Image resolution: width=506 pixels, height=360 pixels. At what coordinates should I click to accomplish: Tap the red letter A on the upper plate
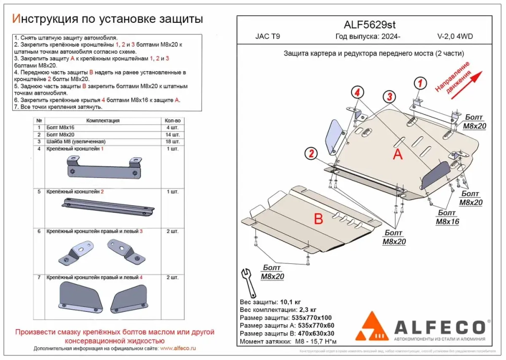pyautogui.click(x=398, y=155)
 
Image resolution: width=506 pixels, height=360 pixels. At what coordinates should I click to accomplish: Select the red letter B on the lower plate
pyautogui.click(x=318, y=219)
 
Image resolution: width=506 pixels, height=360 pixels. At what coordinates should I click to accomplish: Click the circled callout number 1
pyautogui.click(x=421, y=83)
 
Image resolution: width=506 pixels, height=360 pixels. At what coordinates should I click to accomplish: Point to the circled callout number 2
pyautogui.click(x=311, y=154)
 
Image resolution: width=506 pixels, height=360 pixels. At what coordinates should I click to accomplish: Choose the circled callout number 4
pyautogui.click(x=357, y=93)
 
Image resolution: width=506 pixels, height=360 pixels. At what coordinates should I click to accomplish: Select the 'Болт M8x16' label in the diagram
pyautogui.click(x=447, y=217)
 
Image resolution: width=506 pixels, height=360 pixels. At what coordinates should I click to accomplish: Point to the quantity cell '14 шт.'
pyautogui.click(x=173, y=135)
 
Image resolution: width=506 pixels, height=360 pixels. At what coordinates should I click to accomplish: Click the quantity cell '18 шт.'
pyautogui.click(x=173, y=142)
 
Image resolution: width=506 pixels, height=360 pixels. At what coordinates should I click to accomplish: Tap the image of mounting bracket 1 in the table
pyautogui.click(x=104, y=167)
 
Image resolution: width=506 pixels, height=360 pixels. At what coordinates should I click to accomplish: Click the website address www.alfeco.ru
pyautogui.click(x=178, y=349)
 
